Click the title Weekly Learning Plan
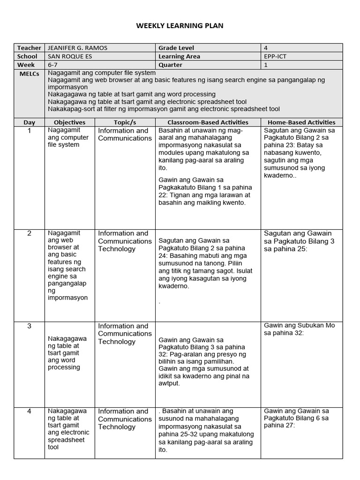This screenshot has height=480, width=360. pos(180,26)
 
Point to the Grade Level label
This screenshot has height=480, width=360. pos(176,48)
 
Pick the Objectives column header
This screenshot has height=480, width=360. pos(69,122)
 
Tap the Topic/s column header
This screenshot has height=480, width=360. pos(125,122)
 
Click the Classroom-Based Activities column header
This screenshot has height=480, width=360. pos(208,122)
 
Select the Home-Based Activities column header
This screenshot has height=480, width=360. pos(301,122)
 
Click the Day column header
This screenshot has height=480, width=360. pos(29,122)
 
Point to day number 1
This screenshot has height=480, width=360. pos(29,131)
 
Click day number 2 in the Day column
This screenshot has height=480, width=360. pos(29,233)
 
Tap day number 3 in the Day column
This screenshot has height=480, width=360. pos(29,326)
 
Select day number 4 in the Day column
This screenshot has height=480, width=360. pos(29,412)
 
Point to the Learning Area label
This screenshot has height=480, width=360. pos(179,56)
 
